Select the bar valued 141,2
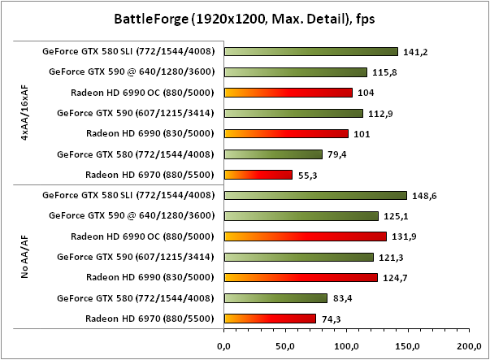310,51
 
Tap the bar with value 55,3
258,174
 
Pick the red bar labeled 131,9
305,236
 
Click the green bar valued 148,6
314,195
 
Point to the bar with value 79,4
272,154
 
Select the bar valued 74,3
269,318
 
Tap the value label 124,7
392,278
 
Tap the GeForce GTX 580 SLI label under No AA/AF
128,195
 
